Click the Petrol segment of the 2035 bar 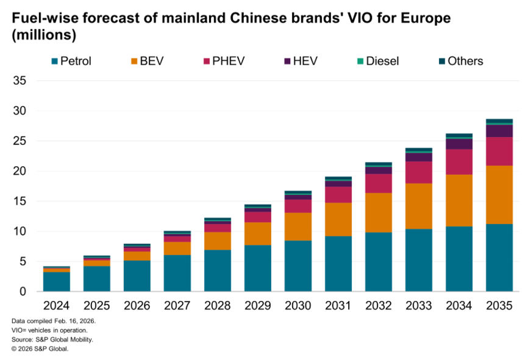499,258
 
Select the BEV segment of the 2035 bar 499,195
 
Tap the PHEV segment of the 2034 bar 458,162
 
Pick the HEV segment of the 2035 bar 499,131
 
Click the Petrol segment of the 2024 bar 56,281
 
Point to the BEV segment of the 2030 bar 298,227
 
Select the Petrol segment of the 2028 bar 217,270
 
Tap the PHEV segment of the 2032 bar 378,183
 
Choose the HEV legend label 305,61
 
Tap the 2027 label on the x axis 177,305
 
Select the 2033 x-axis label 418,305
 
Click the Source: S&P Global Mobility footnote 52,339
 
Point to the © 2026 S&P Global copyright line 40,348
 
